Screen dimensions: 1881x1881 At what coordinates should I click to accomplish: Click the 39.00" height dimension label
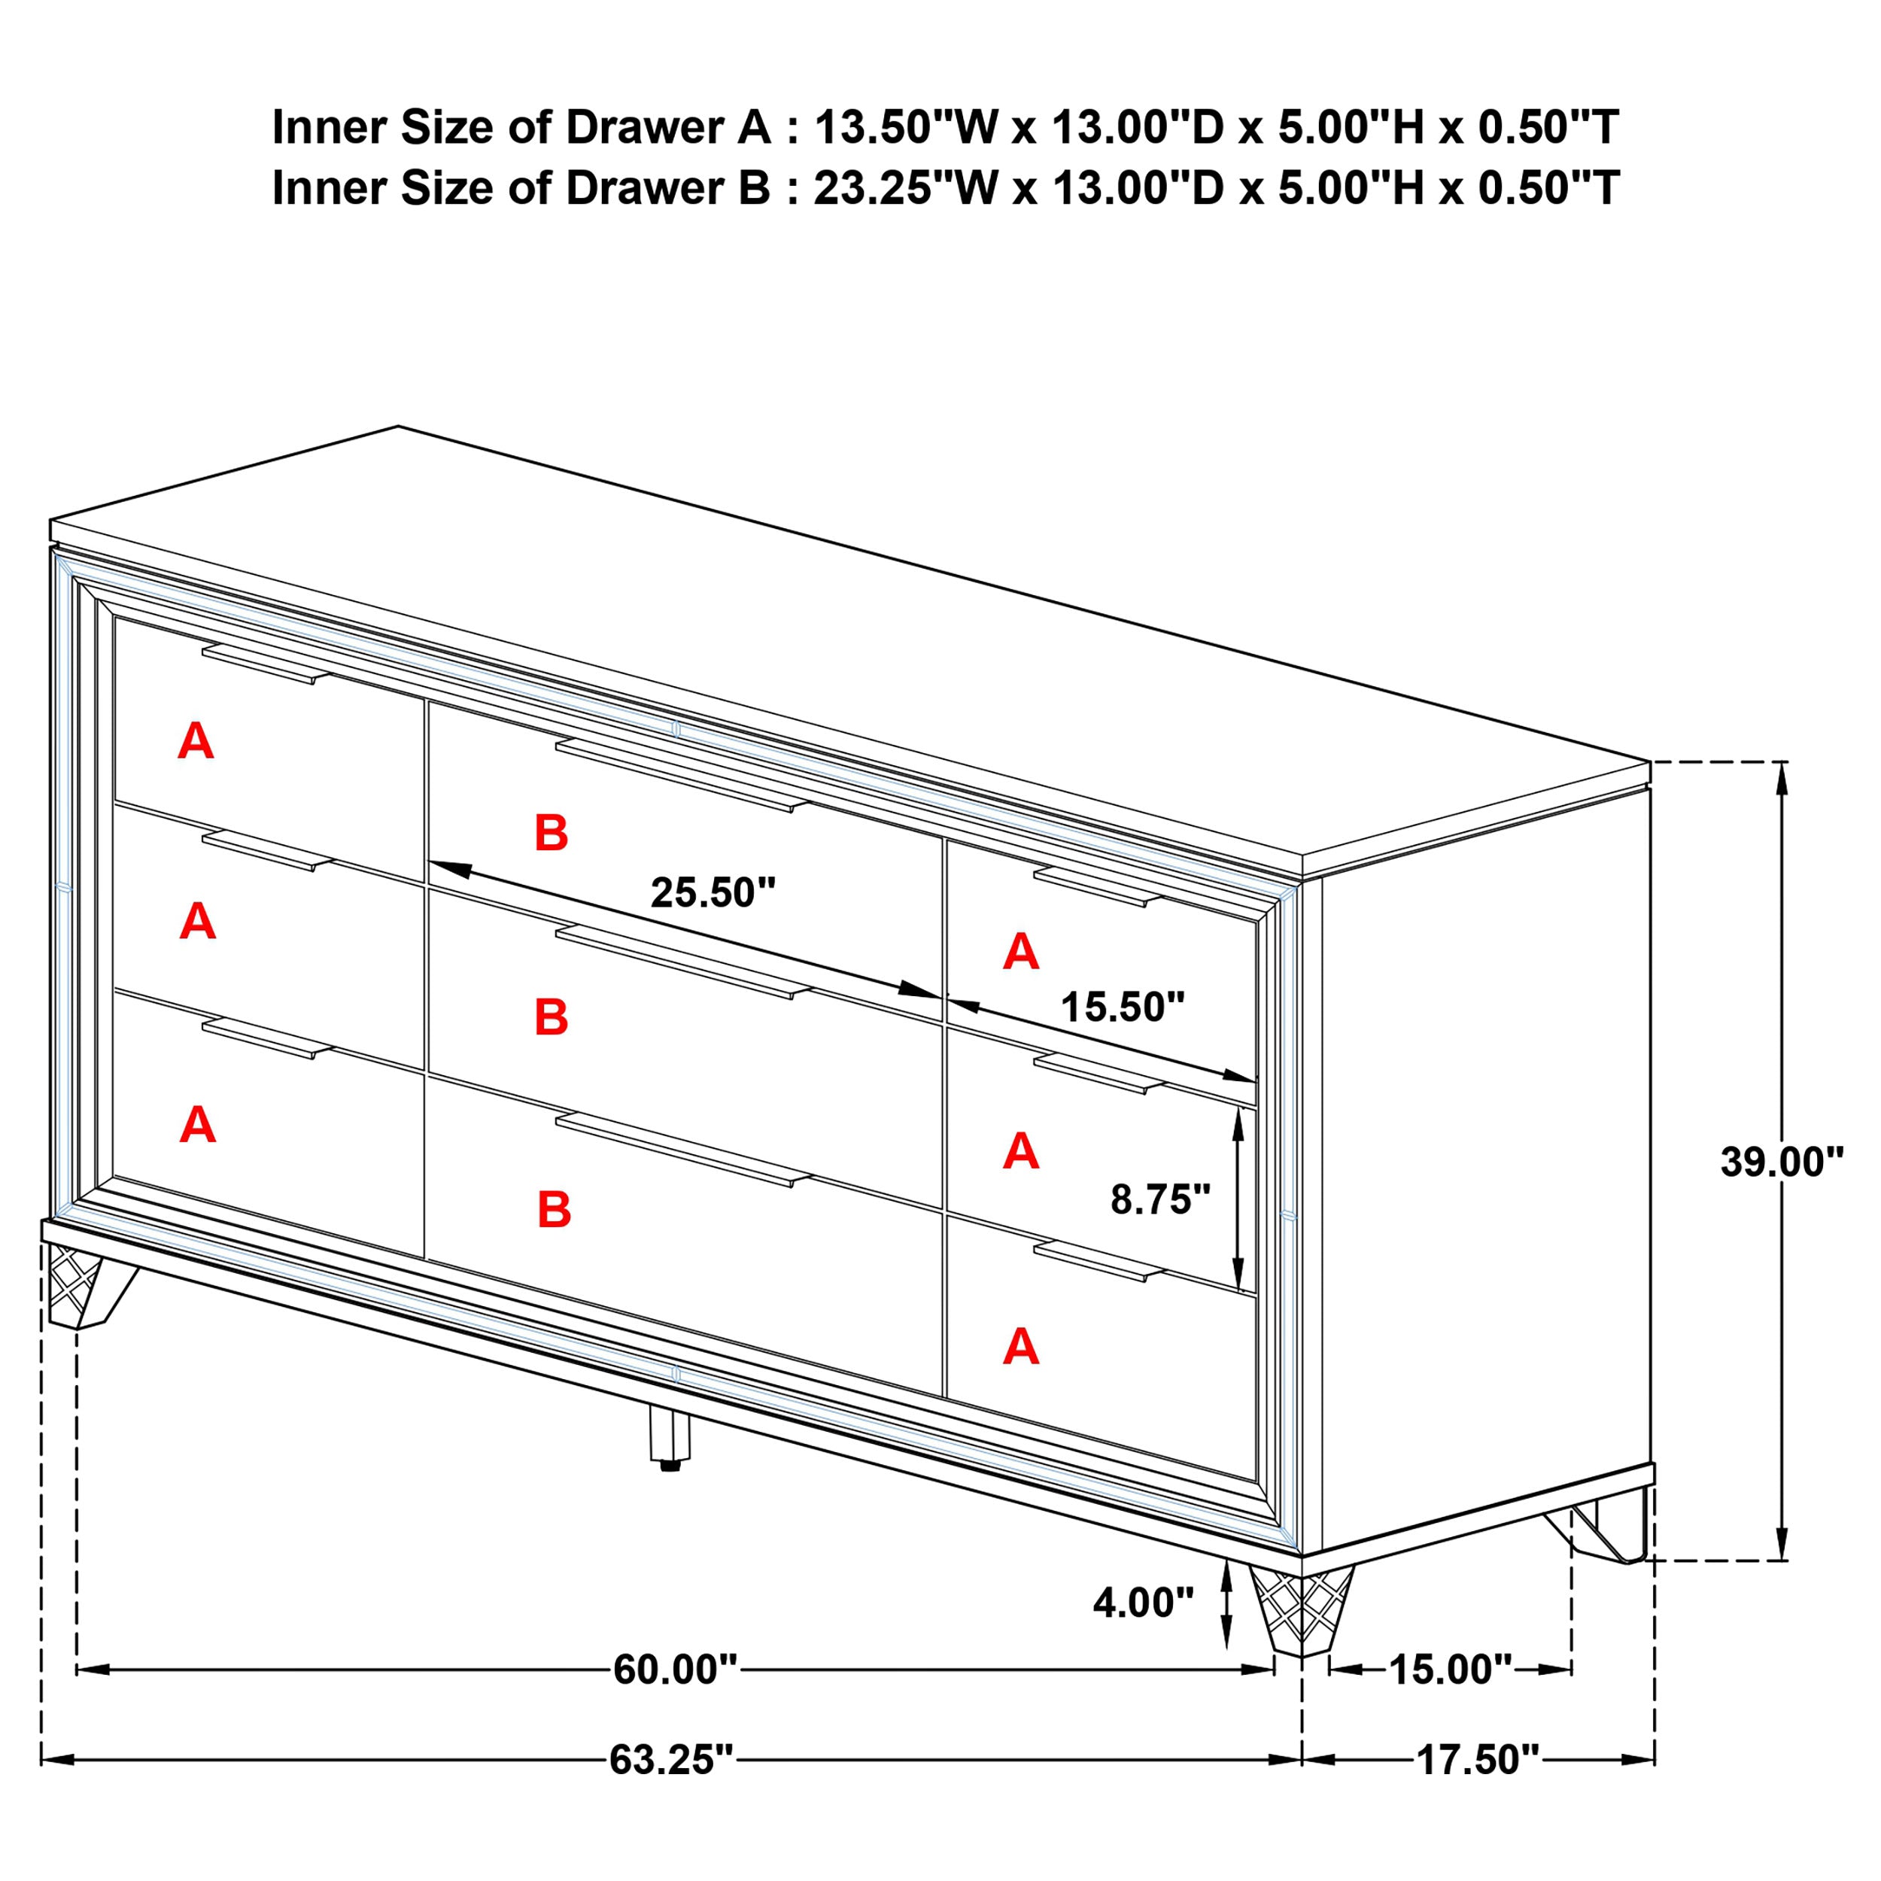(1781, 1162)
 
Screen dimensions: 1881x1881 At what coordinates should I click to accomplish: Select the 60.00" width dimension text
(675, 1670)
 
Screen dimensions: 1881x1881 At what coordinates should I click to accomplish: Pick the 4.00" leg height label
(1142, 1602)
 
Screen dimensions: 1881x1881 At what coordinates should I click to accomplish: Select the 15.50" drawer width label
(1122, 1007)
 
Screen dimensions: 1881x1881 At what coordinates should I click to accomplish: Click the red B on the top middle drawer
(551, 834)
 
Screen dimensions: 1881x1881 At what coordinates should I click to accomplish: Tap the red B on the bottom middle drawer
(554, 1210)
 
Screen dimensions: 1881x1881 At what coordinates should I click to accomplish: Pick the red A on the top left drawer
(196, 742)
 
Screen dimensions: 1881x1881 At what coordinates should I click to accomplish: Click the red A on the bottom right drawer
(1020, 1348)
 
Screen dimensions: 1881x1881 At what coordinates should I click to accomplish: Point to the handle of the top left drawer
(266, 663)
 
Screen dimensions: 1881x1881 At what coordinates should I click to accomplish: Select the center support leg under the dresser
(669, 1439)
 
